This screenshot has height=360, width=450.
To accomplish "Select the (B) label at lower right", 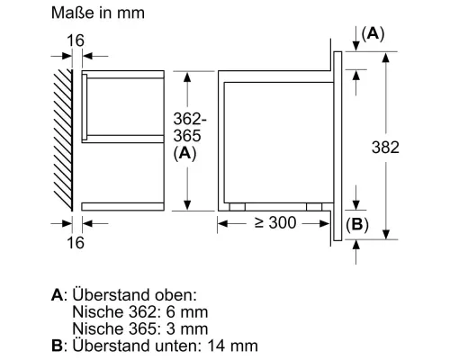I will click(357, 224).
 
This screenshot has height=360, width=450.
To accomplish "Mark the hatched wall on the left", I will click(62, 140).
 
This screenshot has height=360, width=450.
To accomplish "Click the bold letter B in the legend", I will click(58, 345).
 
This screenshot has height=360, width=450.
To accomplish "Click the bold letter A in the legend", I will click(58, 295).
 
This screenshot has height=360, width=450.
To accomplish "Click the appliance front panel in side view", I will click(339, 144).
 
